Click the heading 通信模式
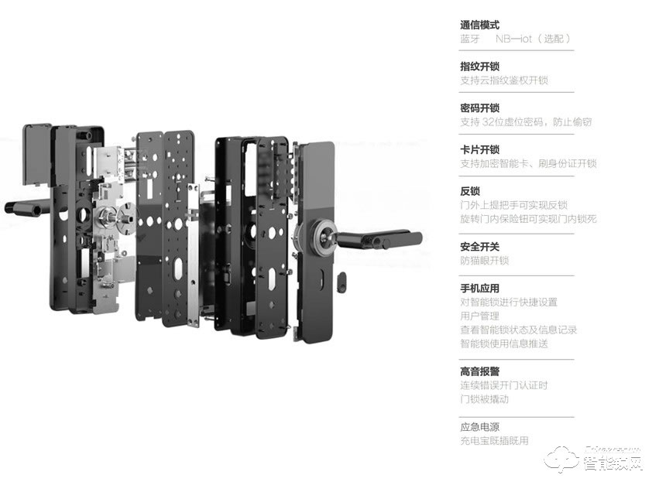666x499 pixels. tap(479, 25)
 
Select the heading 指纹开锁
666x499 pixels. tap(479, 67)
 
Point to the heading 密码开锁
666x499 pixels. tap(479, 108)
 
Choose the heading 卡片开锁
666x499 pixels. tap(479, 150)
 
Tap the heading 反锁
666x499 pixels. tap(470, 191)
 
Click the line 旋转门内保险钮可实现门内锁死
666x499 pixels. tap(528, 219)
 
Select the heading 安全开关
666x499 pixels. tap(479, 247)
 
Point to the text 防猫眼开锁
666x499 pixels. tap(484, 261)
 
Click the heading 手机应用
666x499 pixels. tap(479, 289)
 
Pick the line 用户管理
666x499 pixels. tap(479, 316)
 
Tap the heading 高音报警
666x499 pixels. tap(479, 371)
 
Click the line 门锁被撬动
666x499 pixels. tap(484, 399)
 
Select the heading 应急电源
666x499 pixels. tap(479, 427)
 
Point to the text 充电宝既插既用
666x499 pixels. tap(494, 441)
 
